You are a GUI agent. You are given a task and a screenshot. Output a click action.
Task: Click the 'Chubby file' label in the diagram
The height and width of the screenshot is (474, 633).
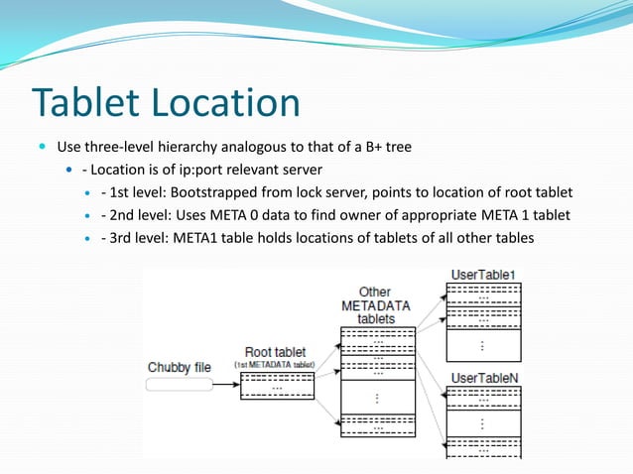(x=180, y=368)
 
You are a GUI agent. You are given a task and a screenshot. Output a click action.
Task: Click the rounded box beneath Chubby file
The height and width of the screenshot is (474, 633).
(x=180, y=384)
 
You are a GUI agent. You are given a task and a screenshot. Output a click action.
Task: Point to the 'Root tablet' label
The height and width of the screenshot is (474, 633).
(x=275, y=352)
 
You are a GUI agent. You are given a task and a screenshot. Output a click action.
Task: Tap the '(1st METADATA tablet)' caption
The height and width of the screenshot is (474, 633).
(x=275, y=365)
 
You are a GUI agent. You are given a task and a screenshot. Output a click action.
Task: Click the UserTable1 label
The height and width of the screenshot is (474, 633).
(x=483, y=274)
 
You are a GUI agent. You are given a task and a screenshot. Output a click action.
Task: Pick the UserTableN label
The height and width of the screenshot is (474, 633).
(x=483, y=378)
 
